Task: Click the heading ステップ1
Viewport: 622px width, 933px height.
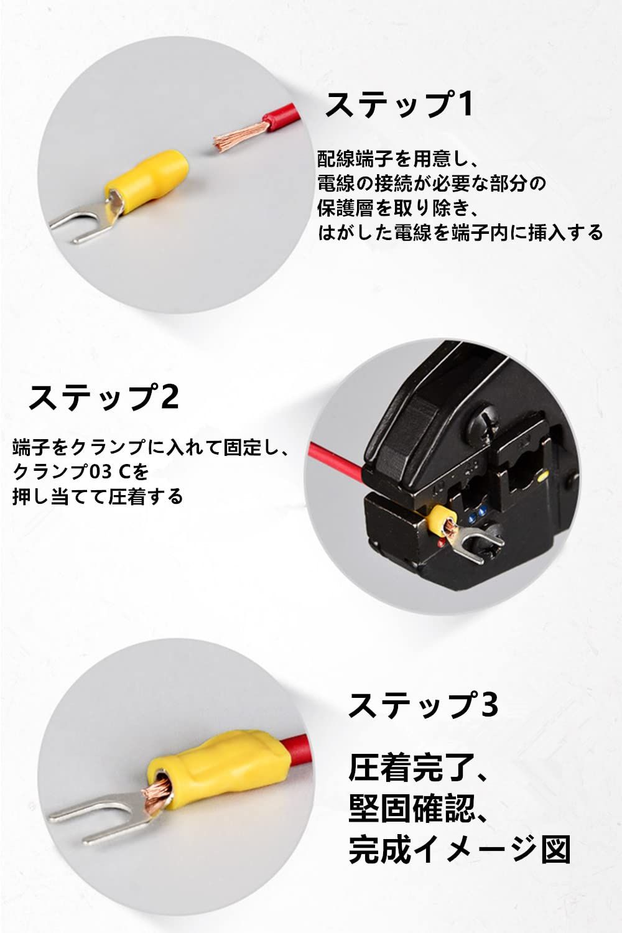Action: coord(399,104)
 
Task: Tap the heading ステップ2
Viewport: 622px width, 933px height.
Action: coord(103,397)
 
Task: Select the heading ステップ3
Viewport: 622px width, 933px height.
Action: coord(423,704)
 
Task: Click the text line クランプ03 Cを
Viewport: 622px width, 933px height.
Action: coord(81,471)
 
